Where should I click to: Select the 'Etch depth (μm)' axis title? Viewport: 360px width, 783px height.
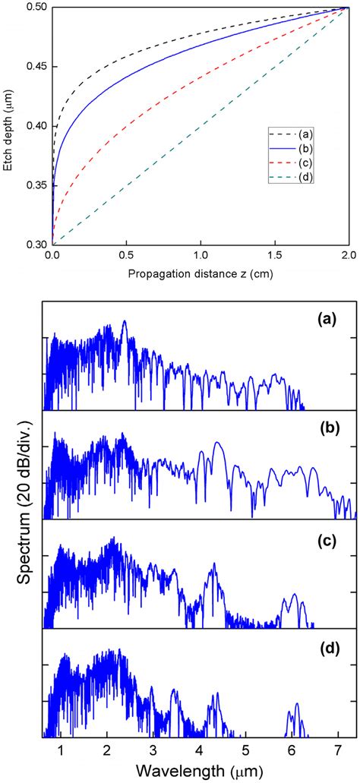tap(9, 125)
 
